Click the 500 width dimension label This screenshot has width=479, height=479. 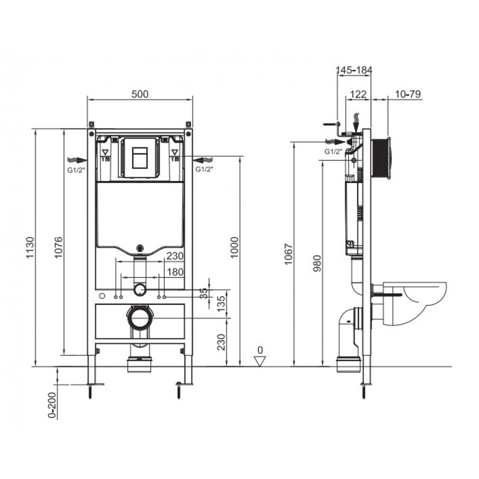tap(140, 94)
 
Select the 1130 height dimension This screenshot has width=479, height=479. tap(30, 247)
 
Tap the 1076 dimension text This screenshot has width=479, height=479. tap(59, 247)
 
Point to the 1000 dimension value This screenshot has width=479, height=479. tap(234, 247)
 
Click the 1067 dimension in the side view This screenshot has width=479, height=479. tap(288, 254)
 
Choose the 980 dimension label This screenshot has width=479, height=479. tap(317, 263)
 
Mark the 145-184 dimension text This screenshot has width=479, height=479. tap(354, 70)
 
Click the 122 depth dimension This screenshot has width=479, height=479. tap(358, 94)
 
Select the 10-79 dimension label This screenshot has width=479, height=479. tap(408, 94)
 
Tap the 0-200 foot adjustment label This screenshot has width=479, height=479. tap(53, 405)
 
